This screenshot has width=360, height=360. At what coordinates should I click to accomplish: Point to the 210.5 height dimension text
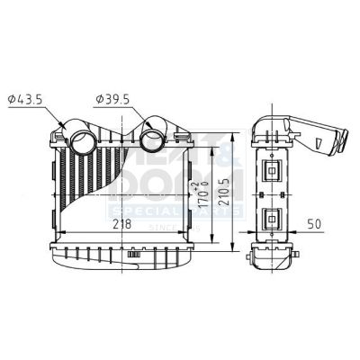[238, 190]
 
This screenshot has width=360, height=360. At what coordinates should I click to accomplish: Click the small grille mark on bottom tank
[134, 253]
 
